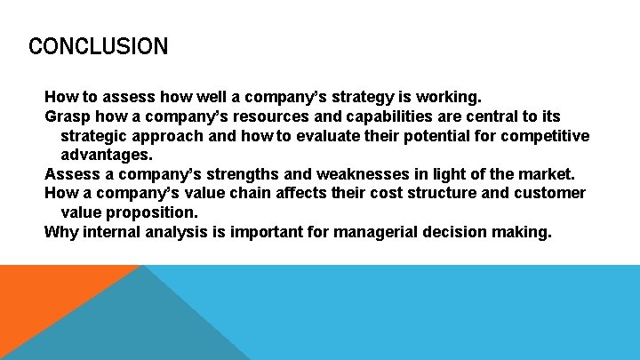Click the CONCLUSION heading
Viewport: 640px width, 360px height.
point(98,46)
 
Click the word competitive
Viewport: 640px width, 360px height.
point(546,136)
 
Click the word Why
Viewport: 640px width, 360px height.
point(61,233)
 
